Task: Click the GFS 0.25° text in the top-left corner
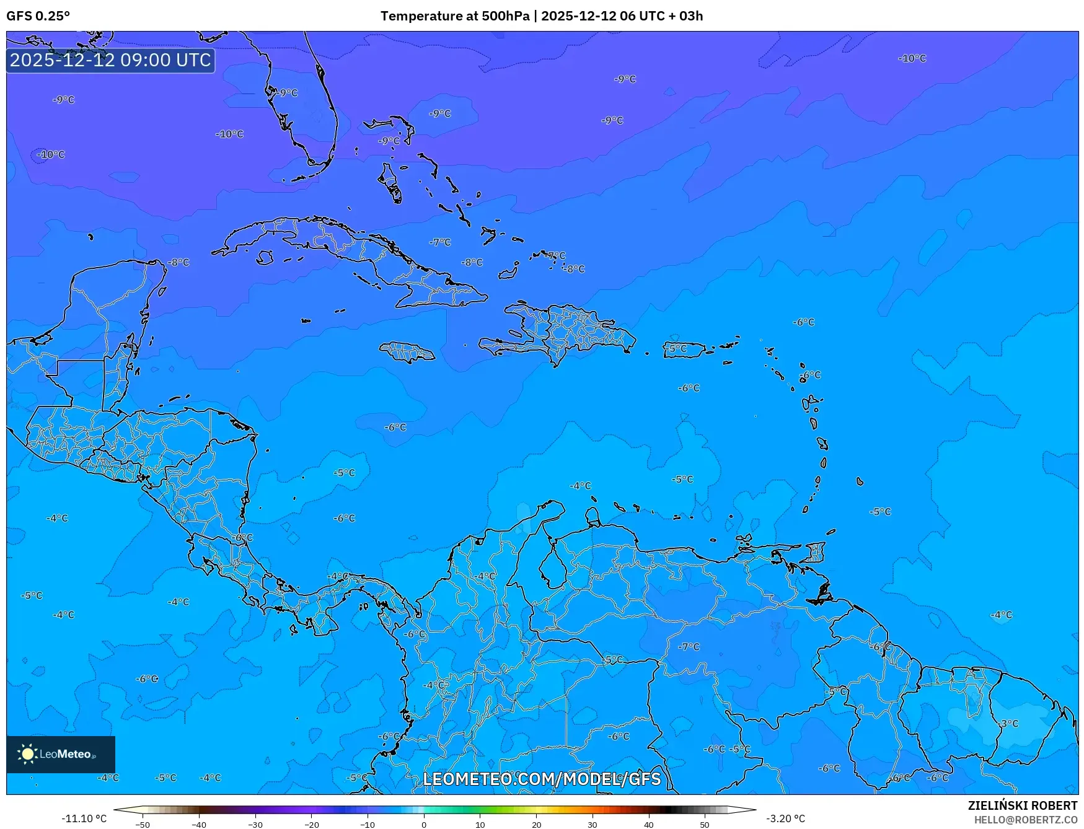38,16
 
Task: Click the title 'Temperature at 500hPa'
455,16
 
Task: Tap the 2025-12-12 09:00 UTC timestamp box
110,60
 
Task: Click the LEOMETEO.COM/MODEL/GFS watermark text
542,779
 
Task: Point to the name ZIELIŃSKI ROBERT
1022,805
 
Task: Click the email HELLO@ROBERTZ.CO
1025,820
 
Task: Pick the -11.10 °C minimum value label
84,818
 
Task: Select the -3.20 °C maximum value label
785,818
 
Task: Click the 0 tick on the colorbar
424,825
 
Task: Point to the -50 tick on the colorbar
143,825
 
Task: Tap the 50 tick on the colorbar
705,825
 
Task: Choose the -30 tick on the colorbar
255,825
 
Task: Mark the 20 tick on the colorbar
536,825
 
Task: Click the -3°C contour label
1008,724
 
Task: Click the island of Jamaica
407,353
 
